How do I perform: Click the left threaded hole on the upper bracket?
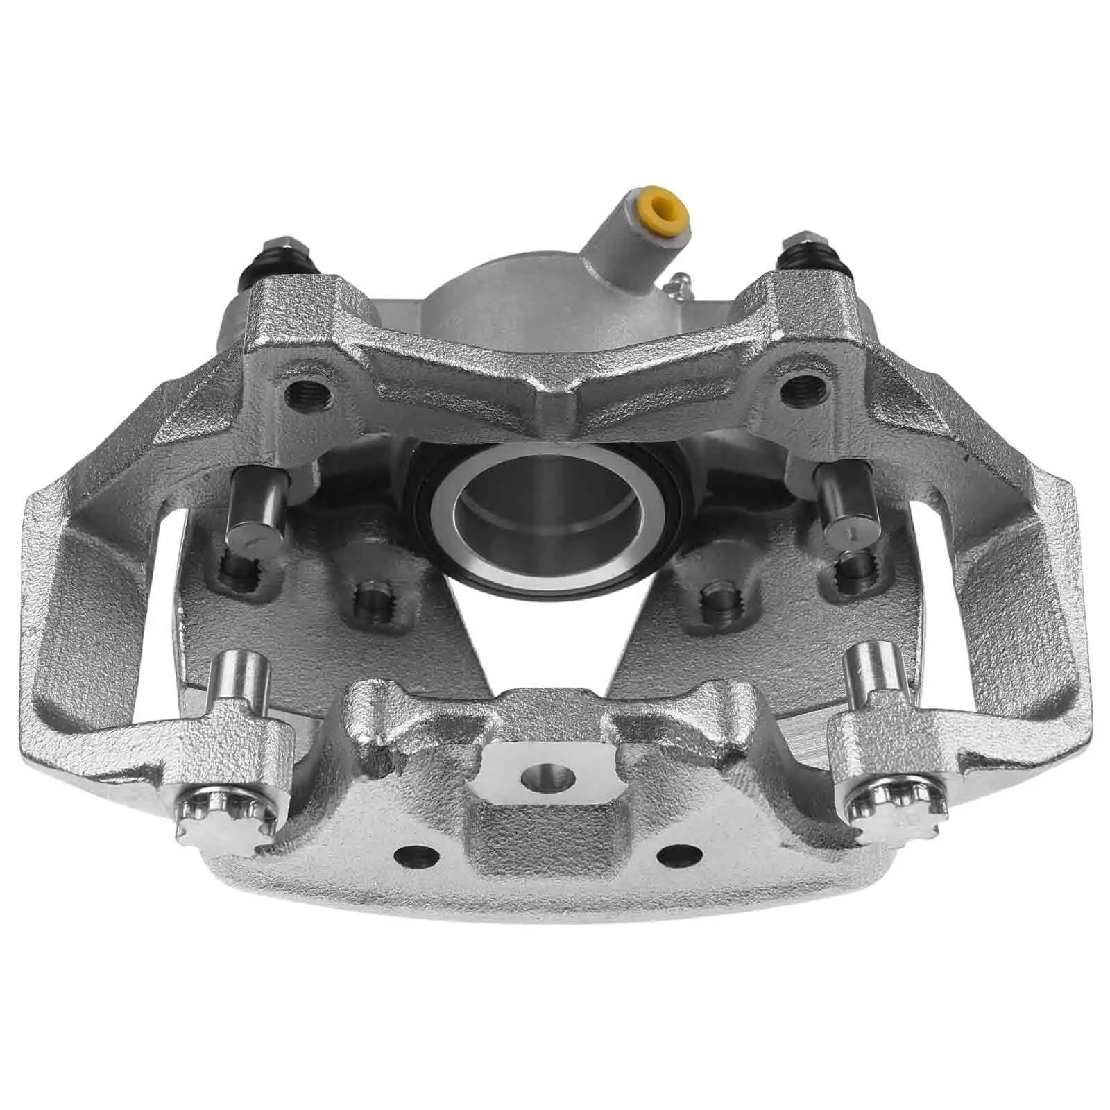tap(307, 396)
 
